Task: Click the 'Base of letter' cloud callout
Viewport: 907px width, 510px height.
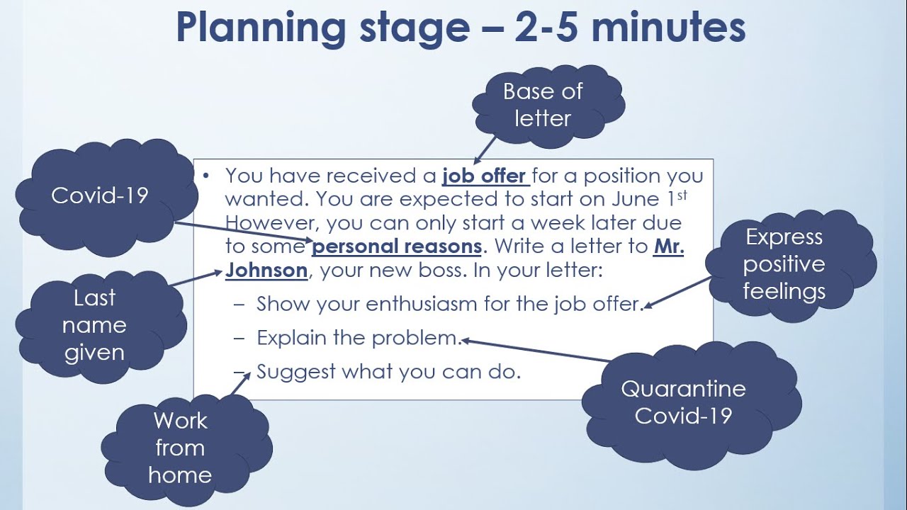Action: coord(542,105)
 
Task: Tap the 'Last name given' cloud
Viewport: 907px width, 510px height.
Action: coord(94,325)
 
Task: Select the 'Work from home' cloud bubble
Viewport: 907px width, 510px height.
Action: coord(180,448)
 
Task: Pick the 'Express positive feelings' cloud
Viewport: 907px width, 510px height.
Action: coord(784,264)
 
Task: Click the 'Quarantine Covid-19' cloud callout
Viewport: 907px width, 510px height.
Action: coord(683,402)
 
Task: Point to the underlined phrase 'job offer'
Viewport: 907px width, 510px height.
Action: coord(485,176)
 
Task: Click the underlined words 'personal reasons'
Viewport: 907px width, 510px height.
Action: coord(397,246)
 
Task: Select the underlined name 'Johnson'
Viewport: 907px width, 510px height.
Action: coord(266,271)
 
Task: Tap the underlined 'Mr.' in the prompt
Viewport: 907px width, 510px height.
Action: coord(668,246)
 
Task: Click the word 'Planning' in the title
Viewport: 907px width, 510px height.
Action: coord(259,28)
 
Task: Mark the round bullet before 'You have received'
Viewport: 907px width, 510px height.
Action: coord(205,175)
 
